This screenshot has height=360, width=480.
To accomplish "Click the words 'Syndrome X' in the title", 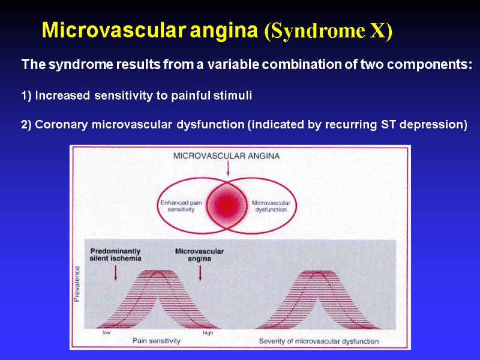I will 328,31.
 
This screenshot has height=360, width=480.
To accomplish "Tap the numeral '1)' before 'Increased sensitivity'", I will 26,95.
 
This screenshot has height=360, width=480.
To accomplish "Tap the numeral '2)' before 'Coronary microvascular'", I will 26,125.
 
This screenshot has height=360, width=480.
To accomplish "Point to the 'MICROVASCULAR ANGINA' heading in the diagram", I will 226,156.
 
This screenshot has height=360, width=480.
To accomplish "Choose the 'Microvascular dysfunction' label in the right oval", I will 271,206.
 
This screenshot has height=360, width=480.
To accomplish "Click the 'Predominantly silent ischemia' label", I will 116,254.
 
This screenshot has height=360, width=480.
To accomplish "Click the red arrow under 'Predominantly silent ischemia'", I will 115,272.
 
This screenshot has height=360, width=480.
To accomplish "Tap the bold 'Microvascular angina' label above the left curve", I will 199,254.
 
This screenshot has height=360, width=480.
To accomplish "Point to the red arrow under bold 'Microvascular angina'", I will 200,272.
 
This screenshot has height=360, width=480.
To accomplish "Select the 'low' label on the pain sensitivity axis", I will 106,332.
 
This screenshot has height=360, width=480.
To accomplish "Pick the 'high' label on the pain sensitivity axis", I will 208,332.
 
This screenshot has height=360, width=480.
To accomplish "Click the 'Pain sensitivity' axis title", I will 156,341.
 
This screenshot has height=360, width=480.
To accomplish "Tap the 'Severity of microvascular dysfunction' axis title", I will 319,341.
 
